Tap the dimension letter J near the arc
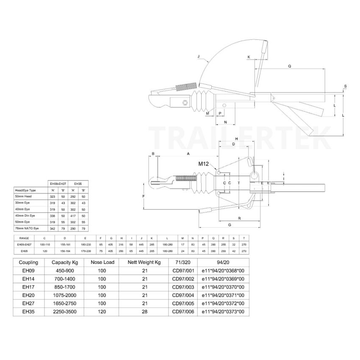tap(198, 56)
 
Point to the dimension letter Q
tap(289, 66)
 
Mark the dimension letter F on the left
tap(144, 196)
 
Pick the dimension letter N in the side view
tap(225, 122)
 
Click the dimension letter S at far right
tap(346, 86)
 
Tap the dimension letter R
tap(240, 218)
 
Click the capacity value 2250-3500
tap(63, 312)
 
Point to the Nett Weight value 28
tap(144, 312)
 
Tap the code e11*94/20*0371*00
tap(224, 296)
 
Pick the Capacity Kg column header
tap(63, 262)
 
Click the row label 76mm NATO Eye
tap(26, 229)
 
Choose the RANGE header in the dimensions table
tap(24, 238)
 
